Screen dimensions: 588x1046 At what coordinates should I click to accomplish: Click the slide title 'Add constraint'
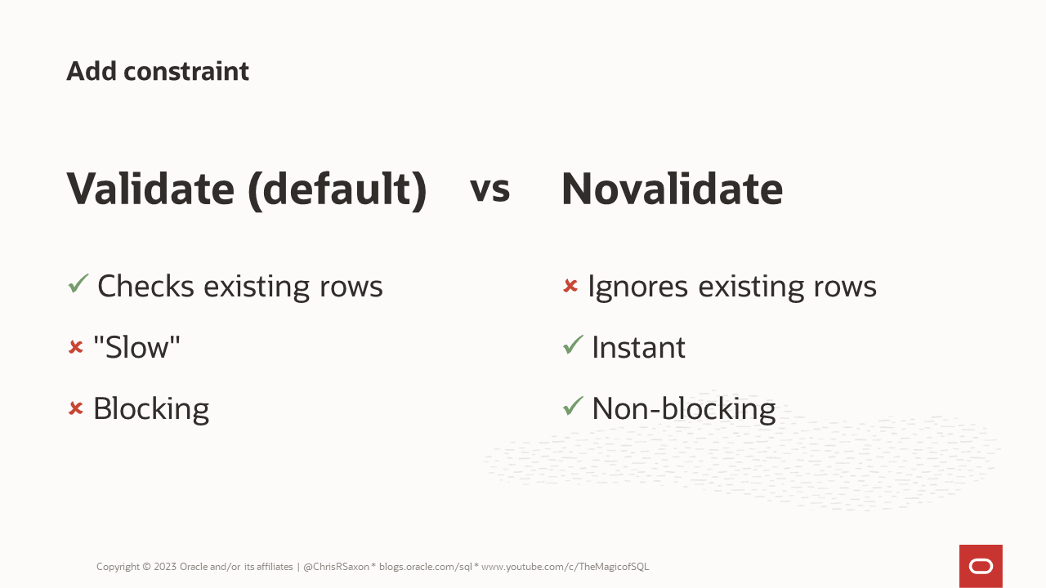tap(158, 72)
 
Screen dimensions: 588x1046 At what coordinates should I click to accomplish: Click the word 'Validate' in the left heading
tap(150, 189)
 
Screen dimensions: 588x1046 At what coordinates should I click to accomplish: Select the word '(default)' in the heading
tap(337, 190)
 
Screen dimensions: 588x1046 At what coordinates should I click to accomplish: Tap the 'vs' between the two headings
tap(489, 189)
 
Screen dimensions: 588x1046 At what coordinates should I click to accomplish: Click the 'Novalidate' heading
tap(672, 189)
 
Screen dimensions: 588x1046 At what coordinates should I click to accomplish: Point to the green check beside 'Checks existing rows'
tap(78, 284)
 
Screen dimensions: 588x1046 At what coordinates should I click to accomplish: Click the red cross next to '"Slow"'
tap(76, 347)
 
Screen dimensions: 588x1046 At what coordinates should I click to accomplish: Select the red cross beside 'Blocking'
tap(76, 408)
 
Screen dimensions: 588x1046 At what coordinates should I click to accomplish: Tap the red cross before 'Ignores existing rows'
tap(570, 286)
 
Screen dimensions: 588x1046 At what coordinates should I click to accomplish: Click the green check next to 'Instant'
tap(573, 345)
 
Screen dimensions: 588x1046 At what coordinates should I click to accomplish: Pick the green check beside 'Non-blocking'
tap(573, 406)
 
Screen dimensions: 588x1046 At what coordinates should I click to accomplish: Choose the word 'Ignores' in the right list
tap(638, 287)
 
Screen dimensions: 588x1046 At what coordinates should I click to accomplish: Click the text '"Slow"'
tap(136, 347)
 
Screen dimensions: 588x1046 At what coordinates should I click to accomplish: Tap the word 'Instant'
tap(638, 347)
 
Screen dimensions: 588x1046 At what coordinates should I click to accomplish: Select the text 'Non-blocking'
tap(683, 408)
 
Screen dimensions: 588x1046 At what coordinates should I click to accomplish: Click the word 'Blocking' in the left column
tap(151, 409)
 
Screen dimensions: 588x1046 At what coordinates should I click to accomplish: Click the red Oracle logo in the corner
tap(981, 566)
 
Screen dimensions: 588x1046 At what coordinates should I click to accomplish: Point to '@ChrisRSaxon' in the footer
tap(337, 567)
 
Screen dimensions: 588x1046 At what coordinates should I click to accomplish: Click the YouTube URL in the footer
tap(565, 567)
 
